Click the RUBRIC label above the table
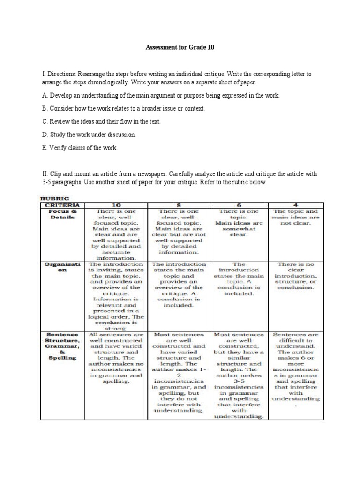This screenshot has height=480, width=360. pos(53,198)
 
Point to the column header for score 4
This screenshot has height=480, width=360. pos(296,205)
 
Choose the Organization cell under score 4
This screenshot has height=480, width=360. pos(296,276)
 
